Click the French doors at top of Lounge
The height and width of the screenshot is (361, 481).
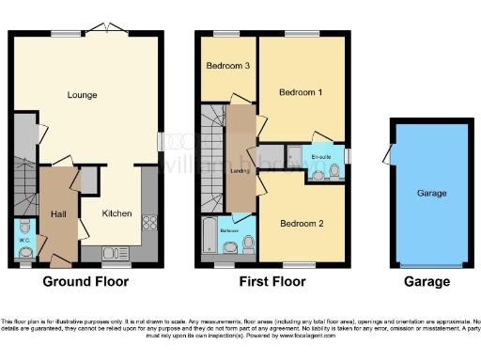point(109,27)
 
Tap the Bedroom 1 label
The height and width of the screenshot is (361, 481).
point(301,92)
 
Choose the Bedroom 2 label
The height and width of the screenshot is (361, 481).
point(301,224)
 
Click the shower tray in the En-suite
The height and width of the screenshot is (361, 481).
point(294,154)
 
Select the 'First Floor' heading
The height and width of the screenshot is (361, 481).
point(272,281)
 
